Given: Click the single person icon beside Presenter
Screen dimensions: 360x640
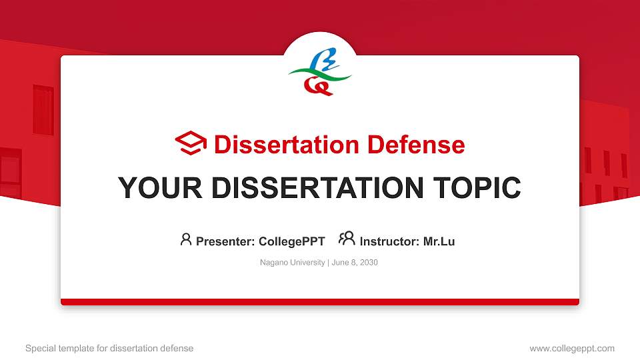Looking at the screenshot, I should (x=186, y=240).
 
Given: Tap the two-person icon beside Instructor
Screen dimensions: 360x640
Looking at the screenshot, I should (x=347, y=239).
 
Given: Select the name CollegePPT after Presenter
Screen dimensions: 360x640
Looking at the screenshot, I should (x=291, y=241).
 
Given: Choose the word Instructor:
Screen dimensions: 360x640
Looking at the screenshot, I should (x=390, y=241).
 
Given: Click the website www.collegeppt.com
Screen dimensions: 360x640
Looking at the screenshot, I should (x=571, y=348).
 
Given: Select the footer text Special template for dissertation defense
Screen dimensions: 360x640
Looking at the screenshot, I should (x=109, y=348).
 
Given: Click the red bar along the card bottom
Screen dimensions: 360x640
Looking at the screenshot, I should (x=320, y=302).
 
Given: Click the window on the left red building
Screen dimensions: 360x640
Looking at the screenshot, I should (x=43, y=110).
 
